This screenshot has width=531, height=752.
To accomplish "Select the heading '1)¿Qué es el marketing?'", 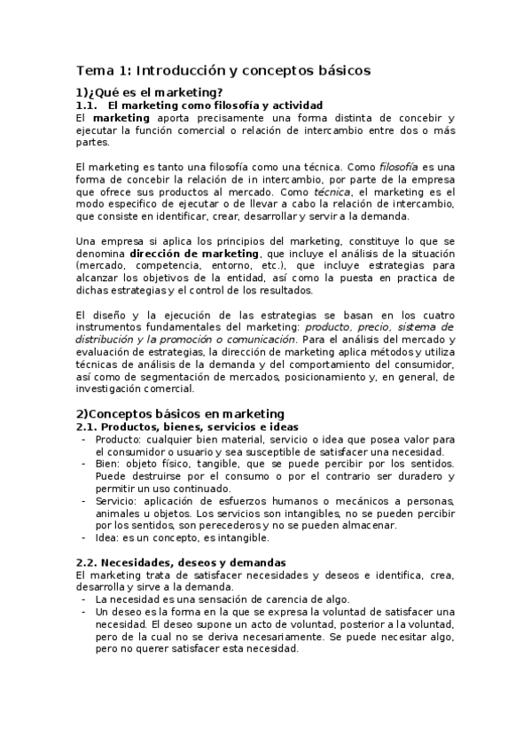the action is coord(149,92).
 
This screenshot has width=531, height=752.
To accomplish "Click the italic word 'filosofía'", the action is coord(400,166).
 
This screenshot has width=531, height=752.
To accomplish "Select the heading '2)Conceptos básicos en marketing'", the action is coord(180,413).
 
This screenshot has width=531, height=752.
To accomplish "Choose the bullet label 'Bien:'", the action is coord(108,464).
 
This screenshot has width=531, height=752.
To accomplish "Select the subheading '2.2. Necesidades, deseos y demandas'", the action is coord(181,562).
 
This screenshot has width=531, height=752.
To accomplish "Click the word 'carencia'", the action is coord(280,599).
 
